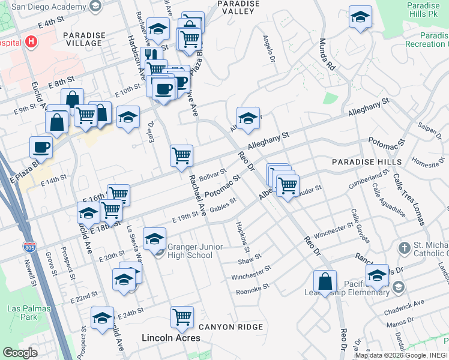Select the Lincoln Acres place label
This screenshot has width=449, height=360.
tap(170, 338)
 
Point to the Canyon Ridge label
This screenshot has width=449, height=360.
tap(231, 327)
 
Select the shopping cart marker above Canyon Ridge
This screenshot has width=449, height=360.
tap(182, 316)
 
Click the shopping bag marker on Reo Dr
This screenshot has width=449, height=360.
tap(325, 281)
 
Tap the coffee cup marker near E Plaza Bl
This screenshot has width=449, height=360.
tap(41, 146)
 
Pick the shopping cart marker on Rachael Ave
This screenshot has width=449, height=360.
tap(181, 156)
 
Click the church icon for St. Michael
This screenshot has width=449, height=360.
tap(404, 248)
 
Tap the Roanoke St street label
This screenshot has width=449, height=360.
tap(252, 289)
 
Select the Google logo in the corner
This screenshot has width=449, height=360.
tap(20, 353)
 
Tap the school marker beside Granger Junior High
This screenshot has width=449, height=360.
tap(154, 239)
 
